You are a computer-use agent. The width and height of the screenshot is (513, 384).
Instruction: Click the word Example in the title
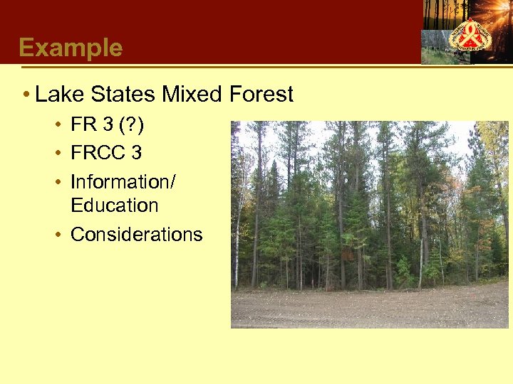point(71,48)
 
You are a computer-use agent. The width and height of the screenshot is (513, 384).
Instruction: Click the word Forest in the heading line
point(261,95)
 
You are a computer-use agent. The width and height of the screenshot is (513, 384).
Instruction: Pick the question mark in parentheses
point(129,126)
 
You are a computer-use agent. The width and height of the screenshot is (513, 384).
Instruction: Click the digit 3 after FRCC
point(136,153)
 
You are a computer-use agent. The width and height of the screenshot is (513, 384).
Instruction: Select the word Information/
point(123,182)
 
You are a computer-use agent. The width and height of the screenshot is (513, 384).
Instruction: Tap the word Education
point(114,206)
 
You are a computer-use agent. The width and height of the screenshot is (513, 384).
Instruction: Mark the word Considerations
point(136,235)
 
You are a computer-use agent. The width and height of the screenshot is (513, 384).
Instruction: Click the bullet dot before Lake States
point(25,95)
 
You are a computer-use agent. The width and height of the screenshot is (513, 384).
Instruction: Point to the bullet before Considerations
point(56,235)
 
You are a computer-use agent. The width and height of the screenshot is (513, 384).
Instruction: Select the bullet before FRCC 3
point(56,154)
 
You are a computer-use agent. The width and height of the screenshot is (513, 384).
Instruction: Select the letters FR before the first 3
point(83,126)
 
